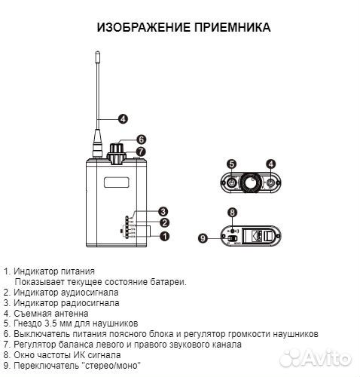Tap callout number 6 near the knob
tap(140, 139)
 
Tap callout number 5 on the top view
tap(232, 163)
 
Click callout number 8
tap(232, 213)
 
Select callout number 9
tap(202, 238)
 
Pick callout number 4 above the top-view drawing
tap(270, 163)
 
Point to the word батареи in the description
tap(166, 281)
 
